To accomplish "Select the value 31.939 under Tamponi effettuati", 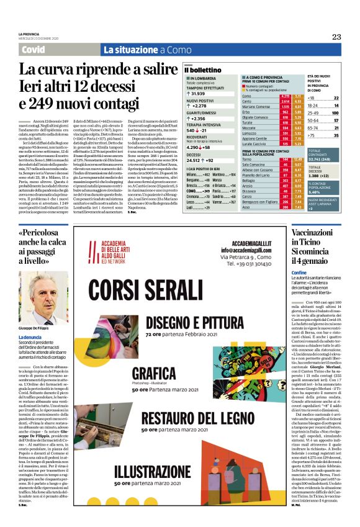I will click(197, 93).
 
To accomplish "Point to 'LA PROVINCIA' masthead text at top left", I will click(30, 34).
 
